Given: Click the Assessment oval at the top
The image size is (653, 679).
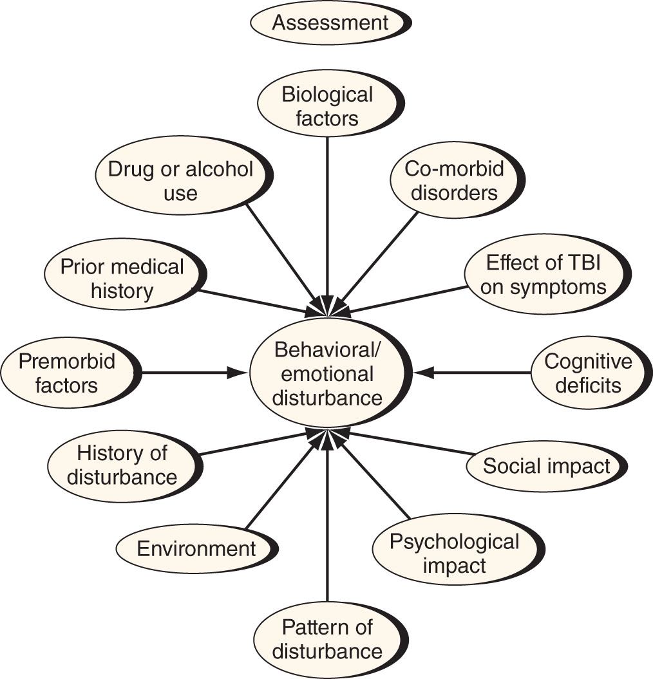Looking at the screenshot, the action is (330, 23).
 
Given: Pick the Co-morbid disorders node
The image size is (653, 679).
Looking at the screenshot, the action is (457, 180).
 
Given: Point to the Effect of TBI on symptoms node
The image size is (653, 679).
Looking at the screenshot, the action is (547, 275).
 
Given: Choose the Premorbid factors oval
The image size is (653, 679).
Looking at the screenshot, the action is (71, 373).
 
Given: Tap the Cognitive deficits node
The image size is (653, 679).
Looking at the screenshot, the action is (591, 373).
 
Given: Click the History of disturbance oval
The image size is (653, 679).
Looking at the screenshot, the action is (124, 465).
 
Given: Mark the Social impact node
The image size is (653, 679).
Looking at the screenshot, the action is (546, 467).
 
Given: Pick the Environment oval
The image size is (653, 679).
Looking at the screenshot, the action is (196, 549).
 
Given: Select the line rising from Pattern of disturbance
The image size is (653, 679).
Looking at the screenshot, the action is (327, 522).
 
